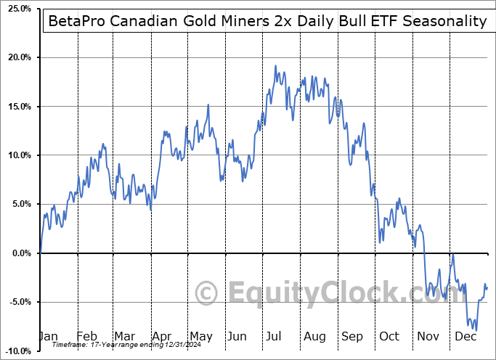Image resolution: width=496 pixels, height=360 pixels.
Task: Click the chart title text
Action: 267,21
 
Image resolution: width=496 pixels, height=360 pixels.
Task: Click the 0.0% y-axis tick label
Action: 19,253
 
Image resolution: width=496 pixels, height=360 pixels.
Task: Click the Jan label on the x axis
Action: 47,337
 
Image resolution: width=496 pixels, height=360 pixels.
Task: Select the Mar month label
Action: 123,337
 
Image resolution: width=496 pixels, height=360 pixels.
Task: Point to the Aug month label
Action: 314,337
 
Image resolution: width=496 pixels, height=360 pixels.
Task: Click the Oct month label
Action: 390,337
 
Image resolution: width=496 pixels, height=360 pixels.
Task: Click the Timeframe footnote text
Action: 125,345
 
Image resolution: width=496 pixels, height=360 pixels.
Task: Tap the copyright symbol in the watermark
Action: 208,293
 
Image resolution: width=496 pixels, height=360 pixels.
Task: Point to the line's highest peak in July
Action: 275,66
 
